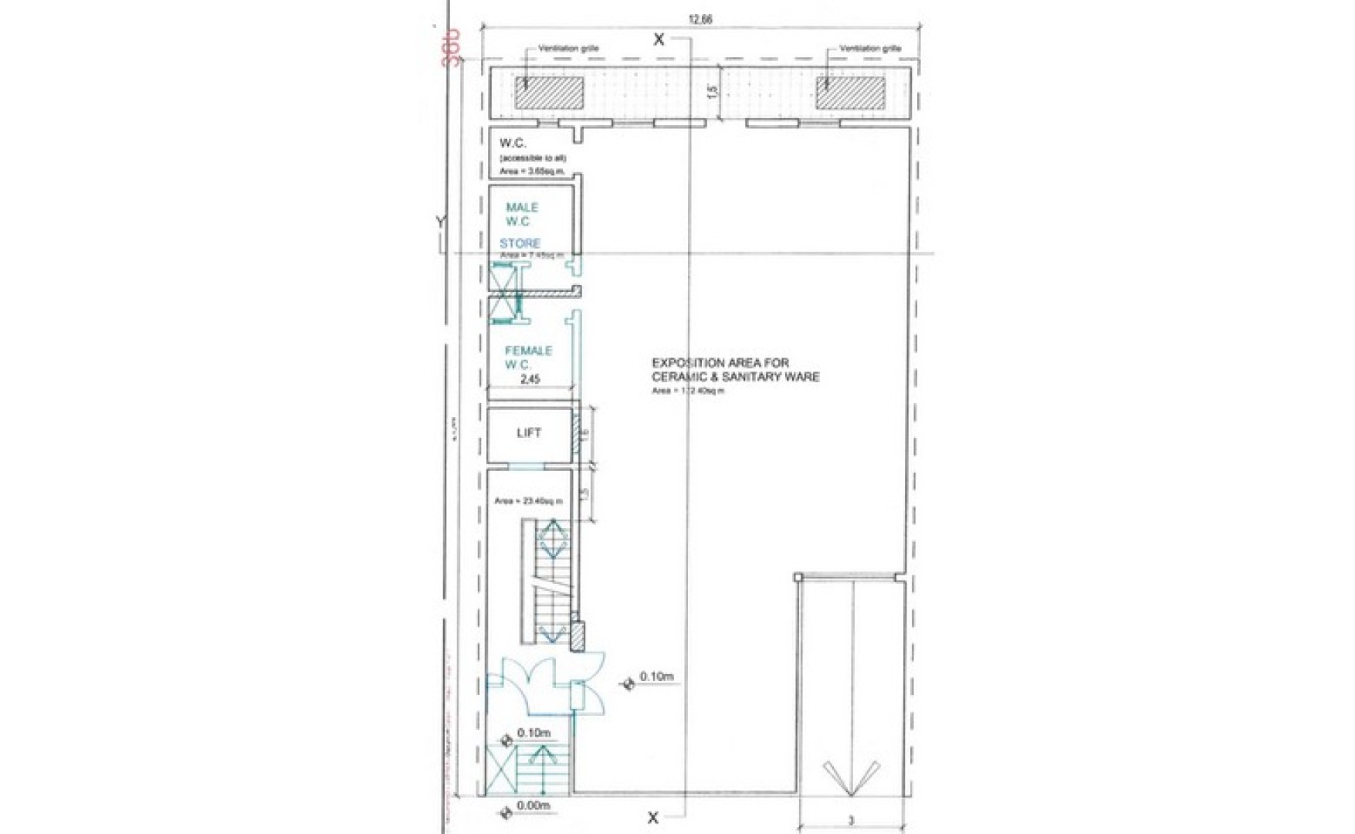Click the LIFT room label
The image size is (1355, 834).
[529, 433]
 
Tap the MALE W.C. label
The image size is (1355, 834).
[521, 215]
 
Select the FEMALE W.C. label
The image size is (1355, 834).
[528, 358]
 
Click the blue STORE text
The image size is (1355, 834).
[520, 243]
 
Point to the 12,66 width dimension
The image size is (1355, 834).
[700, 19]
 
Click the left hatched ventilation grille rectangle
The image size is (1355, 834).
[549, 93]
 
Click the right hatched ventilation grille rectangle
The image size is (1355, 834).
[851, 93]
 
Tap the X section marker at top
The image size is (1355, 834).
[658, 39]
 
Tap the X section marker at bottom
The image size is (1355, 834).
[653, 818]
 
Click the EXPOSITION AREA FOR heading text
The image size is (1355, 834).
[720, 363]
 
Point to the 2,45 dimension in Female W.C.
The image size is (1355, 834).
[530, 379]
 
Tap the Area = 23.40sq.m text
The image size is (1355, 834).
[528, 501]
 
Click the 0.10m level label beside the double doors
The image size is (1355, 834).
[656, 677]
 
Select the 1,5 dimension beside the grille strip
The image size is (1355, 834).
[713, 92]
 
